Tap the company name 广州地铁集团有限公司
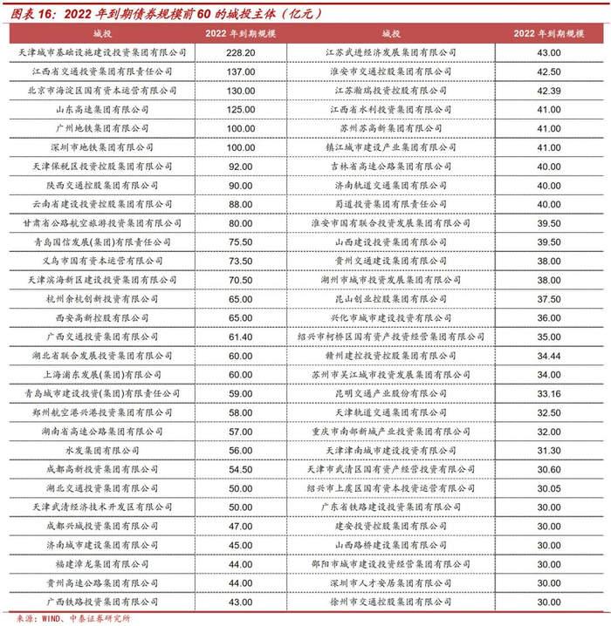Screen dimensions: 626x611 pyautogui.click(x=102, y=128)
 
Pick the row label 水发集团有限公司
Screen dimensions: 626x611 pyautogui.click(x=102, y=450)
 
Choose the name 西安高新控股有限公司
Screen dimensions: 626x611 pyautogui.click(x=102, y=317)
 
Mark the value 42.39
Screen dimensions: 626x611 pyautogui.click(x=549, y=91)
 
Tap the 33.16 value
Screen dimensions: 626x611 pyautogui.click(x=549, y=393)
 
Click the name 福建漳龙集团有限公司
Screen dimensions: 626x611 pyautogui.click(x=102, y=564)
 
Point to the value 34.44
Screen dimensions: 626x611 pyautogui.click(x=549, y=356)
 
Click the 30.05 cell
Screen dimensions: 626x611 pyautogui.click(x=549, y=488)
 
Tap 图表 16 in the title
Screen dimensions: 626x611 pyautogui.click(x=32, y=13)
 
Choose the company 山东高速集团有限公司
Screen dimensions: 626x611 pyautogui.click(x=102, y=110)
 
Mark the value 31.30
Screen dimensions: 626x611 pyautogui.click(x=549, y=450)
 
